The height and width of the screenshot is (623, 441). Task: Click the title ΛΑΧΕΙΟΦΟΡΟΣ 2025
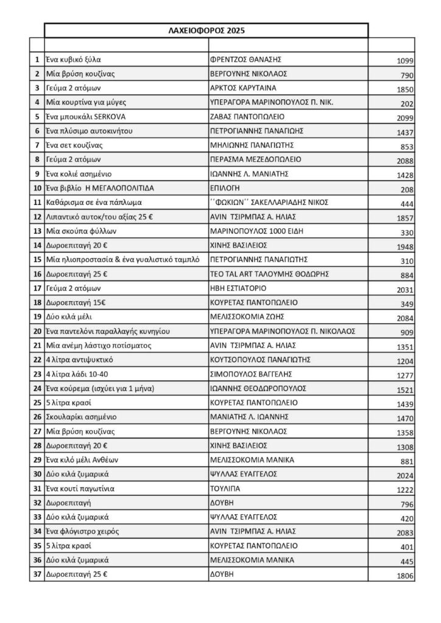(x=206, y=30)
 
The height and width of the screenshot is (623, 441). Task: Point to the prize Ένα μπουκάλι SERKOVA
(x=86, y=116)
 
